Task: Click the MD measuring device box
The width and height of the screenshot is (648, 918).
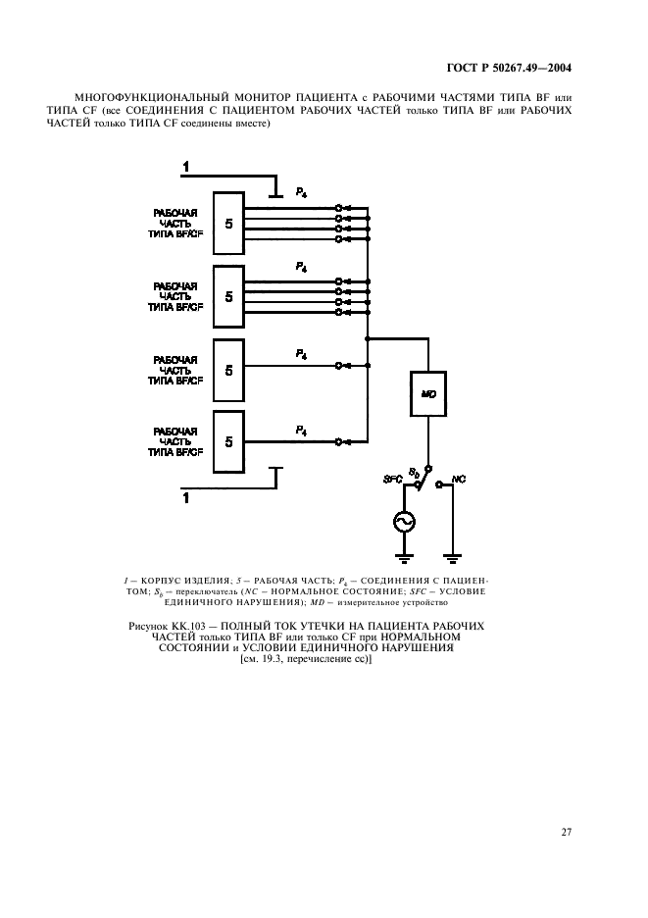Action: coord(427,393)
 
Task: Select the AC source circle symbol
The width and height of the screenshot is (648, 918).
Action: coord(403,522)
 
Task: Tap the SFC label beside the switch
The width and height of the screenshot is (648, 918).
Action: coord(392,478)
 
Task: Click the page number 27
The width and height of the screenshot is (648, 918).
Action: coord(566,832)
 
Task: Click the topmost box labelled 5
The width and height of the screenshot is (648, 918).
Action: coord(228,224)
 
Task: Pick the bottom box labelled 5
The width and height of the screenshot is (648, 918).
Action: coord(228,441)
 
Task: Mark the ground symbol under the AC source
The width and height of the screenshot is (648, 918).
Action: coord(403,559)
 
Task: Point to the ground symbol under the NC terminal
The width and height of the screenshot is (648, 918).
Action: coord(452,559)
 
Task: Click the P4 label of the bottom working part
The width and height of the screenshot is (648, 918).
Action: coord(302,430)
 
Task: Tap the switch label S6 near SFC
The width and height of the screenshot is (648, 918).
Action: coord(414,472)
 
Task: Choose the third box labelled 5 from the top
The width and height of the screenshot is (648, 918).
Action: coord(228,369)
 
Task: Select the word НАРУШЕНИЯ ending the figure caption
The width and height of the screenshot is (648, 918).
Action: coord(416,647)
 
